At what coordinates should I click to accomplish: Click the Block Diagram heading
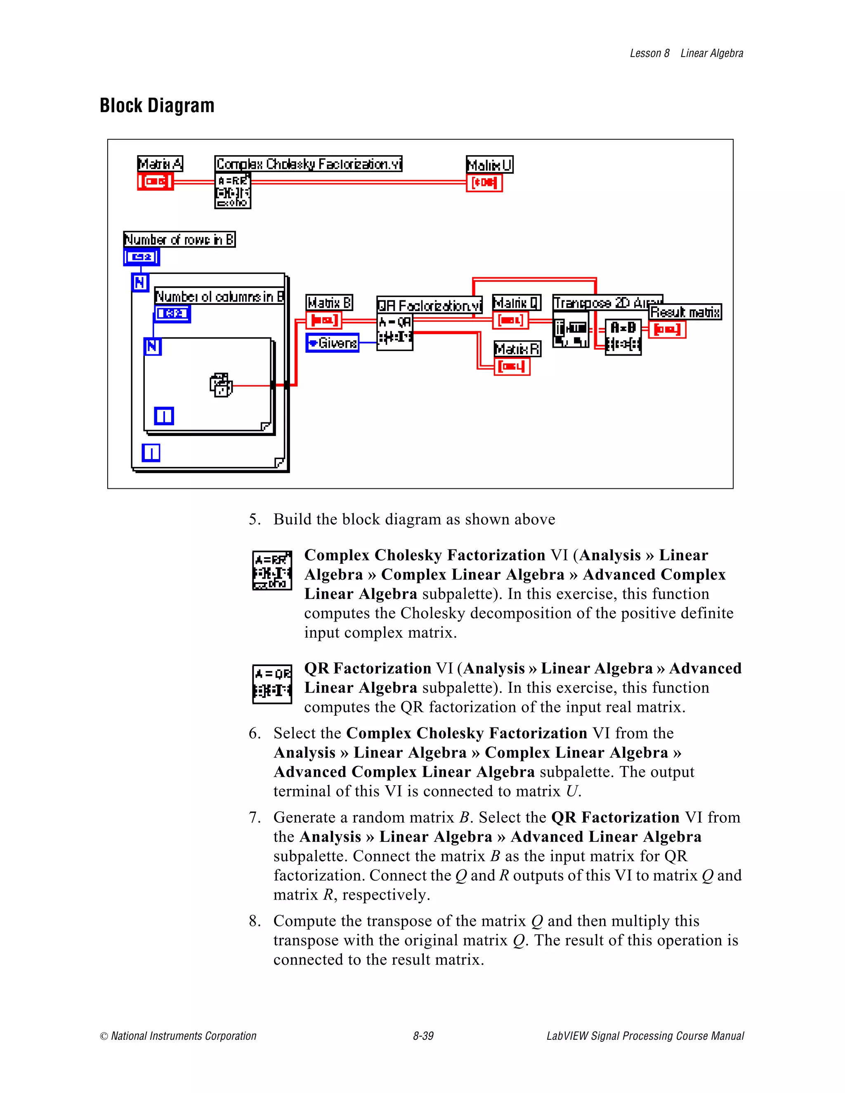pyautogui.click(x=157, y=106)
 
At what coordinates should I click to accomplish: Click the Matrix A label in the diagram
pyautogui.click(x=160, y=164)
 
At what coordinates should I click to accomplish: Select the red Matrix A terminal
pyautogui.click(x=155, y=181)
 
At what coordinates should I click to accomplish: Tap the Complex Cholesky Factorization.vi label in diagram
pyautogui.click(x=308, y=164)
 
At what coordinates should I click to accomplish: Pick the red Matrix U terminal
pyautogui.click(x=484, y=183)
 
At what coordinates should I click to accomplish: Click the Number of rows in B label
pyautogui.click(x=179, y=240)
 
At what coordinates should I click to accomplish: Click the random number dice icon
pyautogui.click(x=221, y=385)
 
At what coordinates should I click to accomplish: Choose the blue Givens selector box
pyautogui.click(x=333, y=343)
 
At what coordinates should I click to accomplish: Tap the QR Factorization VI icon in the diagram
pyautogui.click(x=395, y=331)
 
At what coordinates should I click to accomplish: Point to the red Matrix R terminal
pyautogui.click(x=512, y=367)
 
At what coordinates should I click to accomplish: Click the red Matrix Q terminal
pyautogui.click(x=510, y=320)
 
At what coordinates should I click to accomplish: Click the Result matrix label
pyautogui.click(x=685, y=312)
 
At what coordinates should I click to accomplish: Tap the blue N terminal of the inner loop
pyautogui.click(x=153, y=346)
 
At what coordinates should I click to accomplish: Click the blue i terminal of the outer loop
pyautogui.click(x=151, y=452)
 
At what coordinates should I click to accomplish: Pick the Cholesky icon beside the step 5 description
pyautogui.click(x=272, y=570)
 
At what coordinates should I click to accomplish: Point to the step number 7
pyautogui.click(x=255, y=817)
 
